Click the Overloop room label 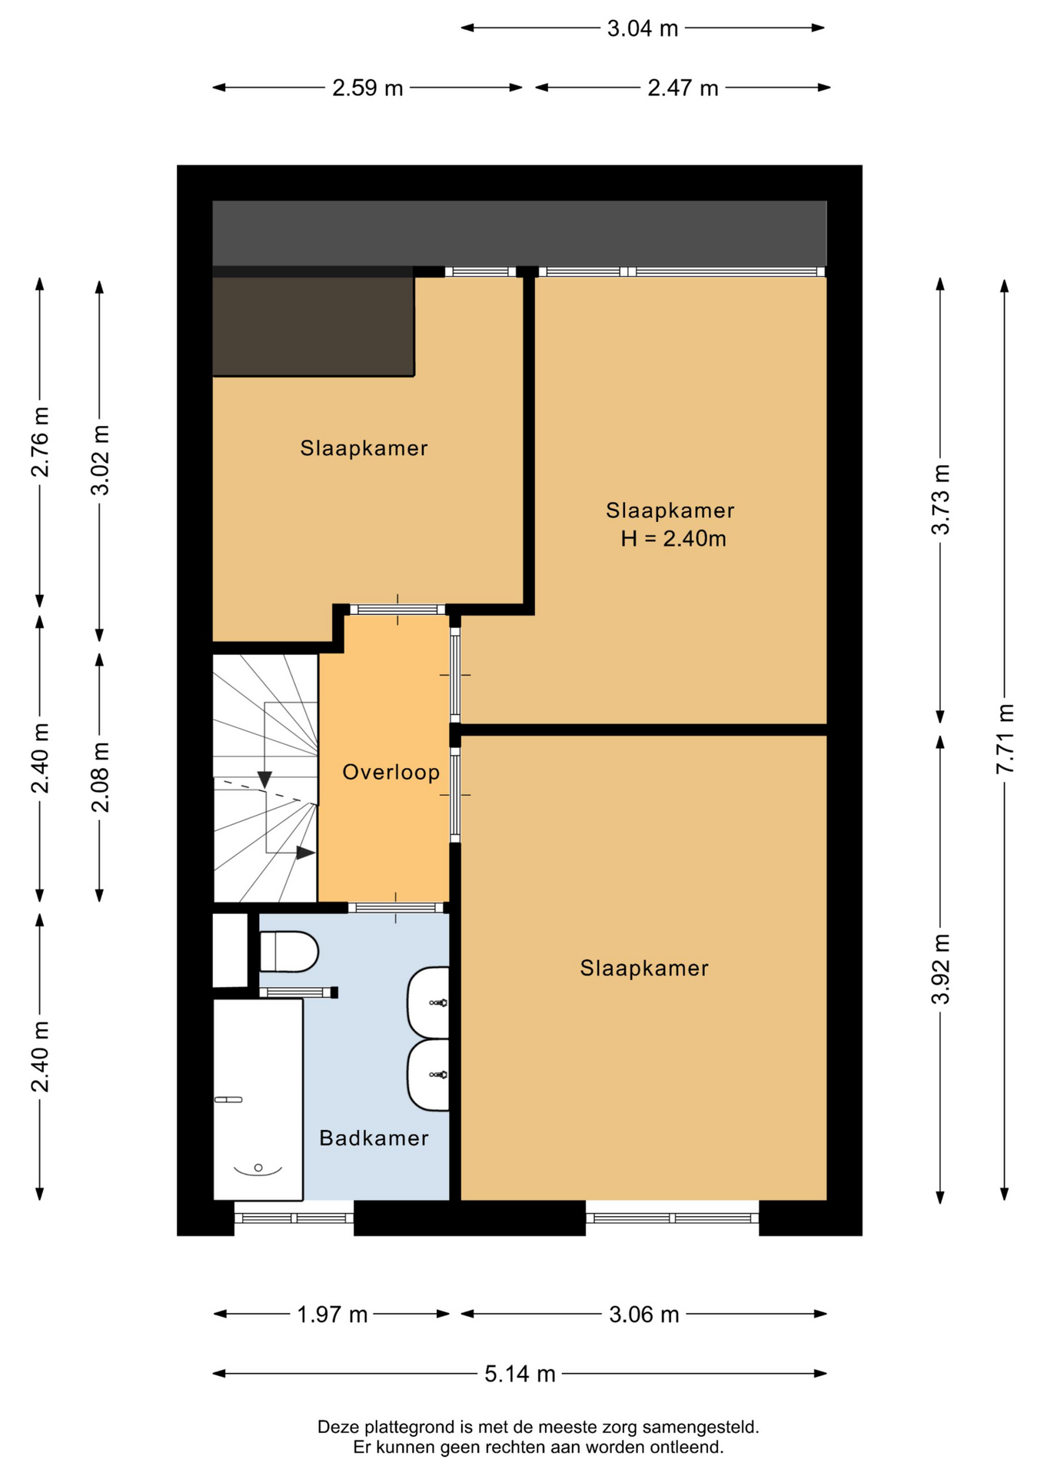(391, 772)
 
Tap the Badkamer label (374, 1138)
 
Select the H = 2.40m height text (673, 538)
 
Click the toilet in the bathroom (289, 952)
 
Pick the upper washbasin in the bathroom (428, 1002)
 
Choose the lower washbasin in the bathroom (428, 1075)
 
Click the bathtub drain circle (258, 1168)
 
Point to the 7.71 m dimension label (1006, 739)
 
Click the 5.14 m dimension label (520, 1374)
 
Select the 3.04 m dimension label (643, 28)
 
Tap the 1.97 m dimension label (332, 1315)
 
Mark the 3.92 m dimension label (941, 969)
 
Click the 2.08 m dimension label (101, 777)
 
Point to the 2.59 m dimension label (367, 88)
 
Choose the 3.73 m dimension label (941, 500)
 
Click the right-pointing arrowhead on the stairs (306, 853)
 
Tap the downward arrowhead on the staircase (264, 780)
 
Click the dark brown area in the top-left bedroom (313, 327)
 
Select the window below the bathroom (294, 1218)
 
